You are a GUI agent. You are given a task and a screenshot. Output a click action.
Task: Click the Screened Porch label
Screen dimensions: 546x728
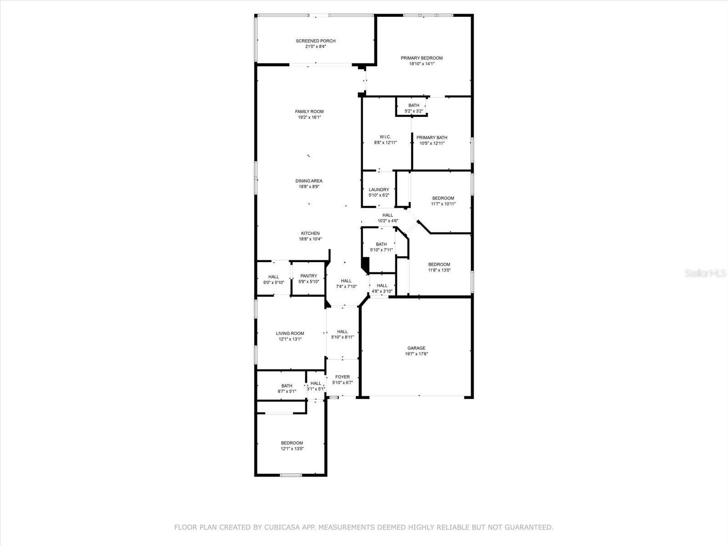(x=315, y=41)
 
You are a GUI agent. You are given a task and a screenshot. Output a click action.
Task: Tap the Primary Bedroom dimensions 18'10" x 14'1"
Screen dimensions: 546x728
(x=421, y=64)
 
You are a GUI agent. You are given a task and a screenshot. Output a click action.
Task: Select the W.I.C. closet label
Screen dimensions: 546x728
(x=385, y=137)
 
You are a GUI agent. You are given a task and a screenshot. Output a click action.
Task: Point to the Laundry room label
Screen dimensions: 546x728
(x=379, y=190)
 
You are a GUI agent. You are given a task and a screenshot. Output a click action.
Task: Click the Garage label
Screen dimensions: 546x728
(x=416, y=348)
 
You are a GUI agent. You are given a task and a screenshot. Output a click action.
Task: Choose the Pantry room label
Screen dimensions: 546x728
(x=308, y=276)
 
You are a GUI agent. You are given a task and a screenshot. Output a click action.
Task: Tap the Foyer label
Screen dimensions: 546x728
(x=342, y=377)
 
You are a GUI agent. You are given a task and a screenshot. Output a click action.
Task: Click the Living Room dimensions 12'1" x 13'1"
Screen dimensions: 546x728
(x=290, y=339)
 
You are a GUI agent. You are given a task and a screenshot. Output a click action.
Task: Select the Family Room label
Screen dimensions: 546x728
(x=309, y=111)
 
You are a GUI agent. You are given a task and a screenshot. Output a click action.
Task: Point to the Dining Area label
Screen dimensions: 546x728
(x=308, y=181)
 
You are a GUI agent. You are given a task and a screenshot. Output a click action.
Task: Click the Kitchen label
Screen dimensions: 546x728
(x=310, y=233)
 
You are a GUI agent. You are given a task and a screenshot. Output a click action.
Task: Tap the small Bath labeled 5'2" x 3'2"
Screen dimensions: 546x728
(x=414, y=106)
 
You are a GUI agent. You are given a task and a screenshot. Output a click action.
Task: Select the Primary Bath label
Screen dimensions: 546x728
(x=432, y=137)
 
